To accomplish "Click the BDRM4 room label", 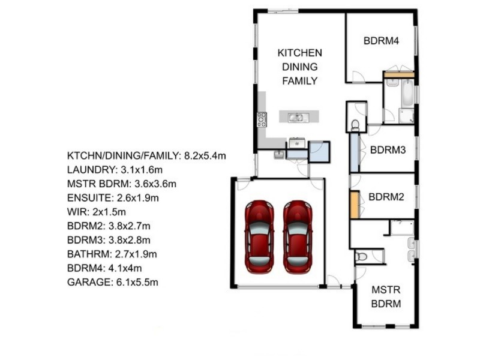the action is click(381, 41).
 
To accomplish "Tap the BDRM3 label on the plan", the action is click(388, 149).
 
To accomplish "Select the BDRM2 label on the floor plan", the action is click(386, 197).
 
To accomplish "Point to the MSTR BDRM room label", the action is click(386, 296).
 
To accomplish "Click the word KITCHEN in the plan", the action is click(299, 53).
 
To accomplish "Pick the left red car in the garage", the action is click(259, 236).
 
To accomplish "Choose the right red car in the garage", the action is click(298, 236).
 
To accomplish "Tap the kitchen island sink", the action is click(296, 117).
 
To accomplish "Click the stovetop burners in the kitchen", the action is click(262, 119).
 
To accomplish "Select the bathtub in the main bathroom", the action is click(407, 93).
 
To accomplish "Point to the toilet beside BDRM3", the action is click(355, 125).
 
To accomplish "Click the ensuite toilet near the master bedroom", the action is click(361, 256).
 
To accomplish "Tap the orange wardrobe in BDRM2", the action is click(355, 205).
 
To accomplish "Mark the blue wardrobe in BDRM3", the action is click(355, 152).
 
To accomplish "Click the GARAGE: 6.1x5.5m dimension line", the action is click(113, 282).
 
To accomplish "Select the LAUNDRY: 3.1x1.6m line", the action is click(115, 170).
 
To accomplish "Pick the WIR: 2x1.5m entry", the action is click(97, 212).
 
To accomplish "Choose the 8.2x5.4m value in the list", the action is click(205, 156).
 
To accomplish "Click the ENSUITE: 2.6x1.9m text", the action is click(113, 198).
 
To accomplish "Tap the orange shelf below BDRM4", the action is click(399, 74).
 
